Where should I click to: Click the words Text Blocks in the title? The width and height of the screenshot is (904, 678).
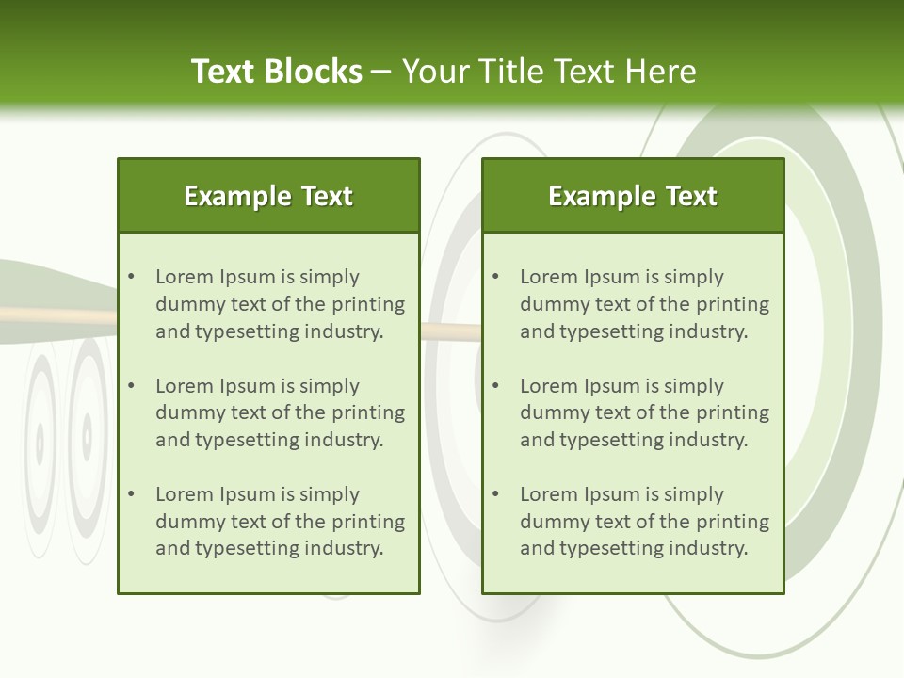point(276,72)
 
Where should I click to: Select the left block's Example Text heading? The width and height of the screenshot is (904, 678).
point(268,196)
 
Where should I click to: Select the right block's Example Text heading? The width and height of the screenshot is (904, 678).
point(633,196)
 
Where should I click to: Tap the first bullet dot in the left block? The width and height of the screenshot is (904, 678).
point(131,277)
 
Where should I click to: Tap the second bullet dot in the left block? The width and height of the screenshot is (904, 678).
point(131,386)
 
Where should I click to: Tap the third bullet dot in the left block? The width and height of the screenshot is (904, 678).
point(131,494)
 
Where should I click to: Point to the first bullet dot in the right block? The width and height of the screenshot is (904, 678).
point(495,277)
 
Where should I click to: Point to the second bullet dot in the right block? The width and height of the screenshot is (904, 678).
point(495,386)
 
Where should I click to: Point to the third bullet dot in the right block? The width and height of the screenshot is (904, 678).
point(495,494)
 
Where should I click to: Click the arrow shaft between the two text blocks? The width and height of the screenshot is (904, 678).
point(450,331)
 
